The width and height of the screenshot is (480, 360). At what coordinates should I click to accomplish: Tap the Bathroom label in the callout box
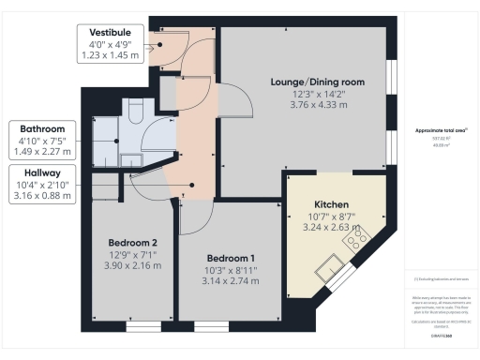click(x=37, y=128)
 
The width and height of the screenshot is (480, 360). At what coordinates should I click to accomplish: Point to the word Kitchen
click(x=332, y=204)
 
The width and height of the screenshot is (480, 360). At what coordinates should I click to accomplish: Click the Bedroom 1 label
click(x=230, y=258)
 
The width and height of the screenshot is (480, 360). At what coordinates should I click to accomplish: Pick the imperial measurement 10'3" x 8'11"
click(x=230, y=270)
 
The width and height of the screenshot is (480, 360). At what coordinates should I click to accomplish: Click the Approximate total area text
click(x=440, y=128)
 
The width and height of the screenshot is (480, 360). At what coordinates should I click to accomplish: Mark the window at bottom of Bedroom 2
click(x=143, y=327)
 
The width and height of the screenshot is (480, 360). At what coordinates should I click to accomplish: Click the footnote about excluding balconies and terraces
click(x=441, y=279)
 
